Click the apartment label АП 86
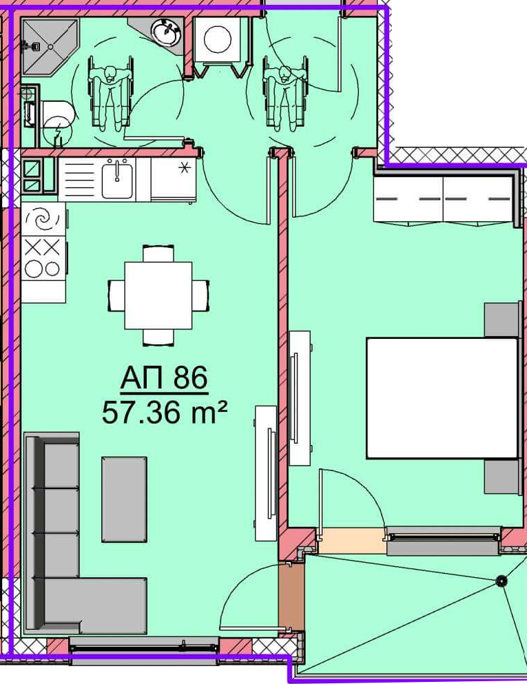164,377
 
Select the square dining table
158,296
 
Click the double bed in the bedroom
442,398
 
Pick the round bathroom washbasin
166,32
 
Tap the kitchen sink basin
117,179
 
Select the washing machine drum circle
218,39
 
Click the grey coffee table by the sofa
124,499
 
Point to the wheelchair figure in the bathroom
111,92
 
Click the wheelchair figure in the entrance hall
285,92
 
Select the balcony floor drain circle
502,581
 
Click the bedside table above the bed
502,320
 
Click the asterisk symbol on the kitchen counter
185,167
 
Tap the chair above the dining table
158,254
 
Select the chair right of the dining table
200,296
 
